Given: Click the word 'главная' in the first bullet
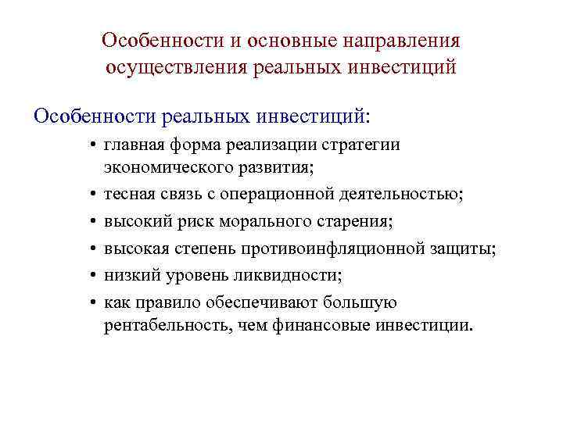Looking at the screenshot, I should (x=141, y=145).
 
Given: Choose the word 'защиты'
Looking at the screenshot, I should (x=464, y=249).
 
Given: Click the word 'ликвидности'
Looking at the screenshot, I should (x=295, y=275).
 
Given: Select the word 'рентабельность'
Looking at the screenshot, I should (x=166, y=325).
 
